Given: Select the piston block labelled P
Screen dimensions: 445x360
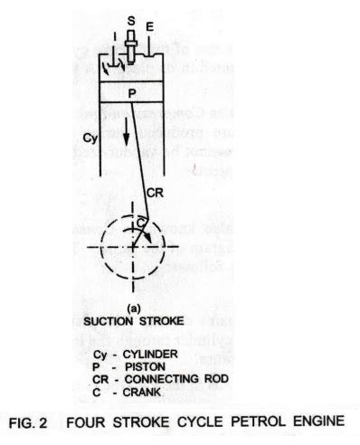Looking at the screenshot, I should [131, 91].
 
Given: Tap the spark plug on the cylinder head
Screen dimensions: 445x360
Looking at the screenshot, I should [131, 43].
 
